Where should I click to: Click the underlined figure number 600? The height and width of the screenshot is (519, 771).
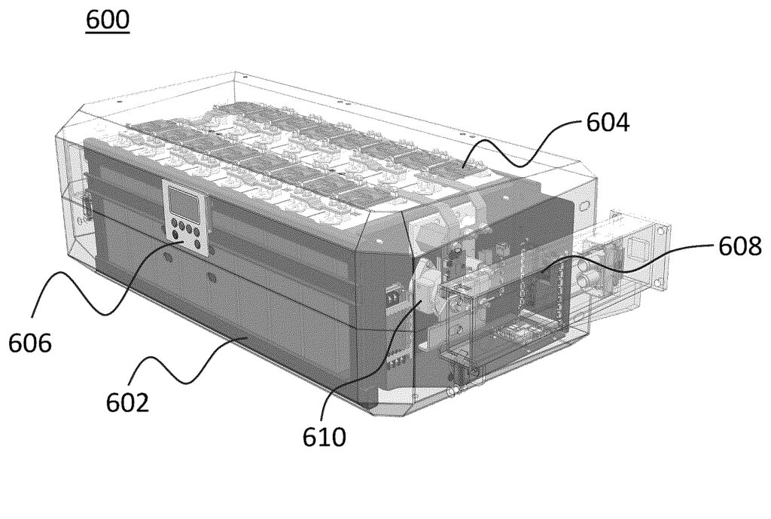coord(108,20)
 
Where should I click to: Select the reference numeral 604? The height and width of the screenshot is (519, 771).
coord(608,122)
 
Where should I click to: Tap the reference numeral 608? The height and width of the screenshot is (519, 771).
coord(740,246)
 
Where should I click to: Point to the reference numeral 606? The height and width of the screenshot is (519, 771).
coord(29,343)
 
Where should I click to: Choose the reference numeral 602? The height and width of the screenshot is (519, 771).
coord(127,403)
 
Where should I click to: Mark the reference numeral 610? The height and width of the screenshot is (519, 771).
coord(324,437)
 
